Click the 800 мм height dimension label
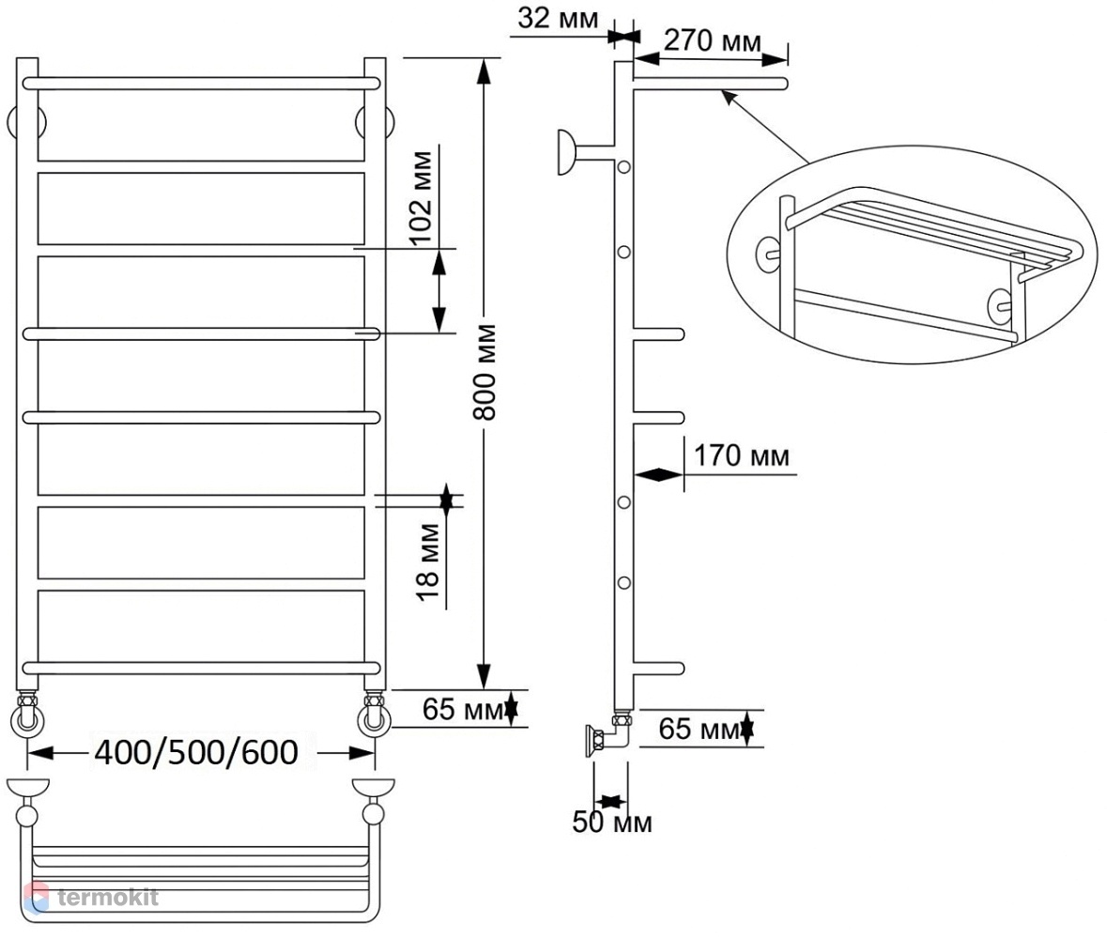(485, 372)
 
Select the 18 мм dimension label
(428, 562)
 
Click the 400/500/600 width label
(196, 753)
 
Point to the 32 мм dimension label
(558, 18)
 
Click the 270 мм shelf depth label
(713, 41)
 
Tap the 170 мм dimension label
(742, 456)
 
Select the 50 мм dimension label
(612, 822)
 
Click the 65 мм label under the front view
(463, 710)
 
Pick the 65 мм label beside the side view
(699, 729)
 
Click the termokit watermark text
(107, 898)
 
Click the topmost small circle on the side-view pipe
(624, 167)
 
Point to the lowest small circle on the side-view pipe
(624, 583)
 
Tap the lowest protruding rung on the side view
(659, 669)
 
